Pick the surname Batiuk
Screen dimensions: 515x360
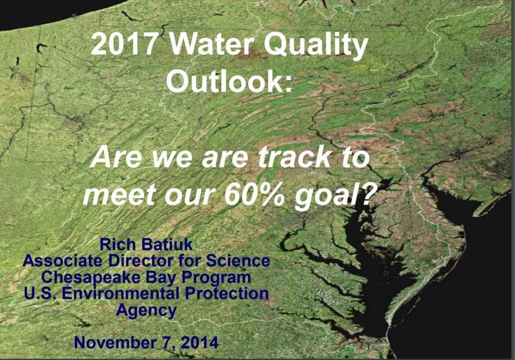tap(167, 245)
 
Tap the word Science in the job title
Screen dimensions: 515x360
tap(238, 261)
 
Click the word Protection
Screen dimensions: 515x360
tap(227, 294)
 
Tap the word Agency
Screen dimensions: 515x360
tap(146, 311)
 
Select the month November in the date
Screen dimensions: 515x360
tap(115, 342)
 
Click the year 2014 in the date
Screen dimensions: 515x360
tap(200, 342)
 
